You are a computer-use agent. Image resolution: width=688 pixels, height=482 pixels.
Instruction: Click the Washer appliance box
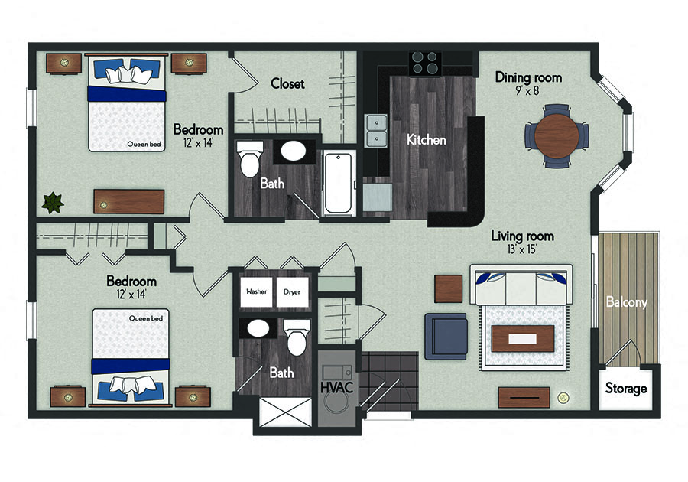tap(256, 292)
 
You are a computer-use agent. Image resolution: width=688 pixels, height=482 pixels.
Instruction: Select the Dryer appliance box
tap(292, 292)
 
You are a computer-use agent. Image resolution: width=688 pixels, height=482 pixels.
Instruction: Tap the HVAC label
tap(336, 388)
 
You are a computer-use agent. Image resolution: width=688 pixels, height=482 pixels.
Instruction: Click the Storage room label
tap(626, 389)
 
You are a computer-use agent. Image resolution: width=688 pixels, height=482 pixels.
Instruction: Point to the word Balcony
tap(627, 302)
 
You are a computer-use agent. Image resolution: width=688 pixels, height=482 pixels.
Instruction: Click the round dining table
tap(557, 135)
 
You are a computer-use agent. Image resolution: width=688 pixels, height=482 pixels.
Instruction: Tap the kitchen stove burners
tap(425, 64)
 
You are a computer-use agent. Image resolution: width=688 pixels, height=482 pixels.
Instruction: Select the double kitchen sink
tap(376, 131)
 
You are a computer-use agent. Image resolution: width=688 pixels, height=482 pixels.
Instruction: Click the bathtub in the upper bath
tap(339, 183)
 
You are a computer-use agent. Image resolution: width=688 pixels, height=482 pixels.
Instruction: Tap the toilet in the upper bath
tap(250, 159)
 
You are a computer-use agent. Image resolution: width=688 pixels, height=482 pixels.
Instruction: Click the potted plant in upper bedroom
tap(53, 203)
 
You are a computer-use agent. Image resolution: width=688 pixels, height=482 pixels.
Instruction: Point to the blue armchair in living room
tap(446, 337)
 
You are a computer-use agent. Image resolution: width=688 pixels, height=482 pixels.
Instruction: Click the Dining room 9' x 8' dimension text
tap(527, 91)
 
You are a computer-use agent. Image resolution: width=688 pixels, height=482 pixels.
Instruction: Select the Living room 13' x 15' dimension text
tap(521, 249)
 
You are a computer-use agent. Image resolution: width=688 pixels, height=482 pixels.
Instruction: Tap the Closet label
tap(287, 83)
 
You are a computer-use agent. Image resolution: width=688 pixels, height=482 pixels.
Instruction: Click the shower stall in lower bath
tap(286, 412)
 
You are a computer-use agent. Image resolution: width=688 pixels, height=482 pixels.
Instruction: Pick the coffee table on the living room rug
tap(523, 339)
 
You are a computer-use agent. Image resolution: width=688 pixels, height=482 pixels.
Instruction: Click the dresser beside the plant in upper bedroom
tap(129, 202)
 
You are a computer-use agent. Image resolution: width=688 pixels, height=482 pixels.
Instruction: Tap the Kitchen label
tap(426, 139)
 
